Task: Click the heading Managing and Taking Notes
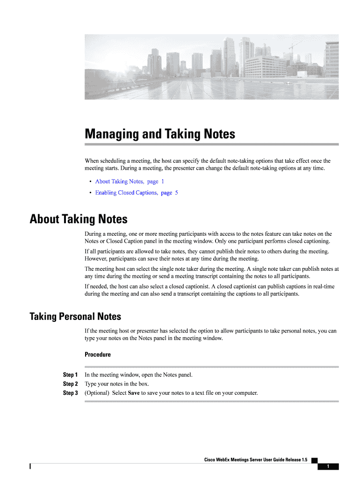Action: pyautogui.click(x=159, y=134)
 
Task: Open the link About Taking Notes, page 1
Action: pyautogui.click(x=130, y=181)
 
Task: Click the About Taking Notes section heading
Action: pyautogui.click(x=78, y=219)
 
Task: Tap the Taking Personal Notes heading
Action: pyautogui.click(x=75, y=317)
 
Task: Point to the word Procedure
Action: pyautogui.click(x=97, y=355)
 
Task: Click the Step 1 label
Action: pyautogui.click(x=70, y=375)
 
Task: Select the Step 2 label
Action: pyautogui.click(x=70, y=384)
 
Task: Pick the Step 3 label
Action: pyautogui.click(x=70, y=393)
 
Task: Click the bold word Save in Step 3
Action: pyautogui.click(x=134, y=393)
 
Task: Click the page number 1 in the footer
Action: pyautogui.click(x=328, y=466)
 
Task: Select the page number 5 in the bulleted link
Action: pyautogui.click(x=176, y=193)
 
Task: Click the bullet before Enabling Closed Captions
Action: pyautogui.click(x=89, y=193)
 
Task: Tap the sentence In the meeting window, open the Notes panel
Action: pyautogui.click(x=138, y=375)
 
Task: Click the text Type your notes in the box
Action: pyautogui.click(x=116, y=384)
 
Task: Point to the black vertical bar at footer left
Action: pyautogui.click(x=30, y=466)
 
